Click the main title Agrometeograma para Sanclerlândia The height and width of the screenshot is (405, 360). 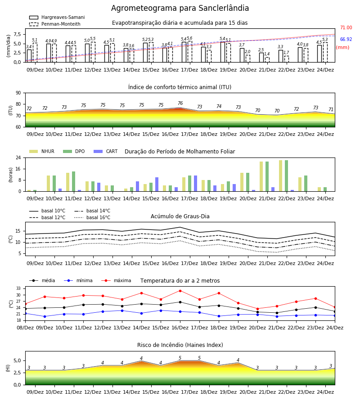tap(180, 8)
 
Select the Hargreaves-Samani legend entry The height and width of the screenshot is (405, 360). tap(57, 17)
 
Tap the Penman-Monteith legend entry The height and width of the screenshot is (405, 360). tap(55, 24)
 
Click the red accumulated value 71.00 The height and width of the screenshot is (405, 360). tap(346, 27)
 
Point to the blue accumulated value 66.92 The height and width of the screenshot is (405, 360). tap(346, 39)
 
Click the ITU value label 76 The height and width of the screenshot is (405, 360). tap(180, 103)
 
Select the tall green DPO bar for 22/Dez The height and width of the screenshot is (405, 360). tap(286, 176)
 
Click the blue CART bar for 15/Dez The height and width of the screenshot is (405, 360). tap(157, 184)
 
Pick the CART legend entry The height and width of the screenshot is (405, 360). tap(106, 151)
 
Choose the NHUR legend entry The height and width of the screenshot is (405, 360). tap(42, 151)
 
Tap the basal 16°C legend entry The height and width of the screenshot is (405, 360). tap(92, 217)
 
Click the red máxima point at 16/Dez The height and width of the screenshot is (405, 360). tap(180, 291)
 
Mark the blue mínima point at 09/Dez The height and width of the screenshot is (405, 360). tap(45, 316)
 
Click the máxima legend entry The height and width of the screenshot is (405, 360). tap(117, 280)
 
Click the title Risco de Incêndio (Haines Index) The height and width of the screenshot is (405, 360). tap(180, 345)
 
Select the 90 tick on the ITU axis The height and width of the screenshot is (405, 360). tap(18, 93)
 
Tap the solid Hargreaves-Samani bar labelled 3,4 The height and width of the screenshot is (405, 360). tap(29, 56)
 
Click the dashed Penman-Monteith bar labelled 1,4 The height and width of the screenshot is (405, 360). tap(267, 60)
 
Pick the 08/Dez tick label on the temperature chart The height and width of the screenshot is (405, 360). tap(25, 328)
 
